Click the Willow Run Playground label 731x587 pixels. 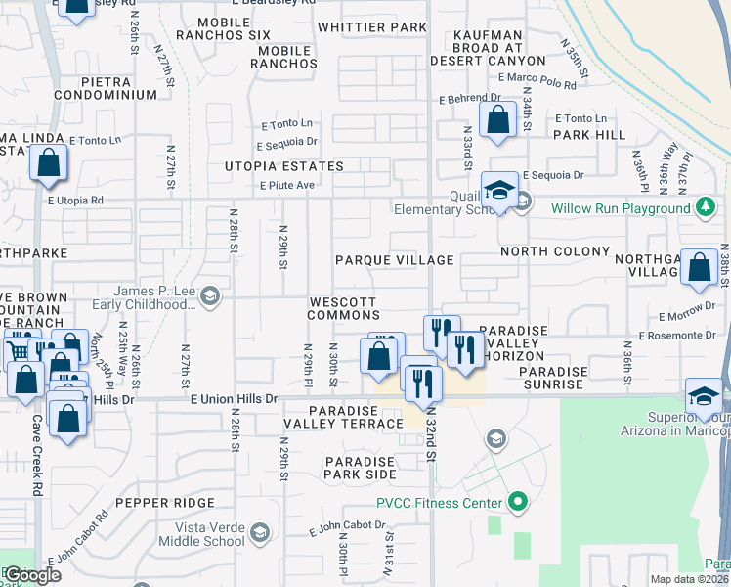coord(620,208)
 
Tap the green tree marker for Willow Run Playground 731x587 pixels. coord(704,207)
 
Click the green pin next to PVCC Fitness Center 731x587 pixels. coord(517,504)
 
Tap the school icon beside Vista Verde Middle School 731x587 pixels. coord(259,533)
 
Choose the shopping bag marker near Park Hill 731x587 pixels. coord(498,121)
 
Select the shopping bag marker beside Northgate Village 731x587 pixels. coord(700,269)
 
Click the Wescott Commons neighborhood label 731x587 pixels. coord(343,308)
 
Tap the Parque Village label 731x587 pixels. coord(394,260)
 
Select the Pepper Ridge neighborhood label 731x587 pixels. coord(164,502)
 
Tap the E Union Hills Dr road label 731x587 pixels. coord(235,399)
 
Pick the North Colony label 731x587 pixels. coord(547,251)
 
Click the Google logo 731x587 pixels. coord(31,575)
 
